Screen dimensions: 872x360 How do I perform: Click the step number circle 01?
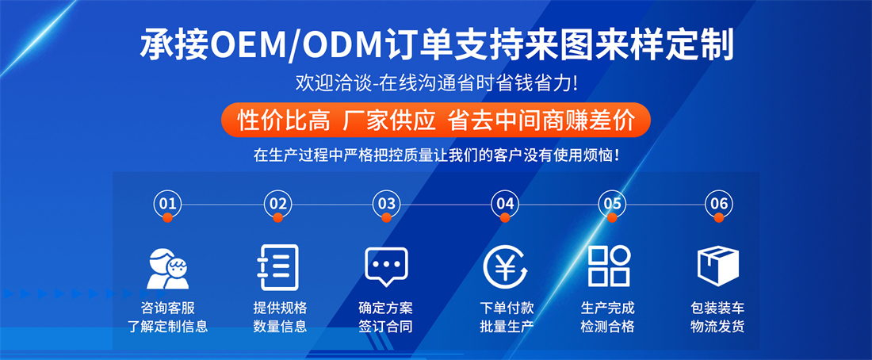click(x=167, y=204)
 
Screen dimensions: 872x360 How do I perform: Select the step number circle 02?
click(x=277, y=204)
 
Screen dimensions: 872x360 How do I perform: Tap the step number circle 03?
click(x=386, y=204)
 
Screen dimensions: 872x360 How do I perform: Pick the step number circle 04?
click(x=505, y=204)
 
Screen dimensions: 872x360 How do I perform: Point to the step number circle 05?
click(x=612, y=204)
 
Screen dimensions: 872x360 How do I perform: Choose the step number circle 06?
click(x=718, y=204)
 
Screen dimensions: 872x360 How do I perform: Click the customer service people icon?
click(x=167, y=268)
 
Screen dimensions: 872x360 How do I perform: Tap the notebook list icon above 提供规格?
click(x=277, y=267)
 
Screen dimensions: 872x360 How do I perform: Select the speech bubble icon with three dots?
click(x=386, y=266)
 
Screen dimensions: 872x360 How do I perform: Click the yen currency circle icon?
click(x=505, y=266)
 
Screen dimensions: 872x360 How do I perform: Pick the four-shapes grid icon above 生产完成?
click(x=609, y=266)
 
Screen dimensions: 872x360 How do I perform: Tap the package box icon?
click(x=718, y=266)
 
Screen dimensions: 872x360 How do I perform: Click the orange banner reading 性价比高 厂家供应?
click(x=435, y=120)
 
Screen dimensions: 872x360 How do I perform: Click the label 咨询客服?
click(x=168, y=308)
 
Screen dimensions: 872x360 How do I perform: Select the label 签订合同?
click(x=386, y=326)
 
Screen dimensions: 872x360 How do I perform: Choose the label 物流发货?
click(x=717, y=326)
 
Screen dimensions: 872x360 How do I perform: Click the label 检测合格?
click(x=607, y=326)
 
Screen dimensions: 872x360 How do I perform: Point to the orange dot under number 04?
click(x=505, y=218)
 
